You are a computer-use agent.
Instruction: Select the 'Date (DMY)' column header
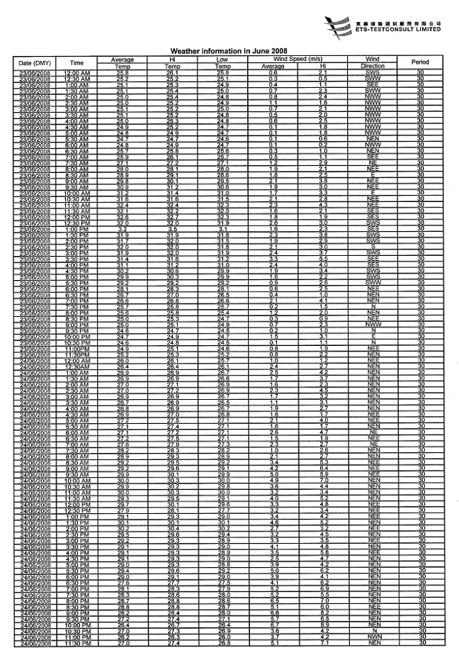[33, 63]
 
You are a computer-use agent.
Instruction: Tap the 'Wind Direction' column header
[373, 63]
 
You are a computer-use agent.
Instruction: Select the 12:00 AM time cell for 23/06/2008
[75, 73]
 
